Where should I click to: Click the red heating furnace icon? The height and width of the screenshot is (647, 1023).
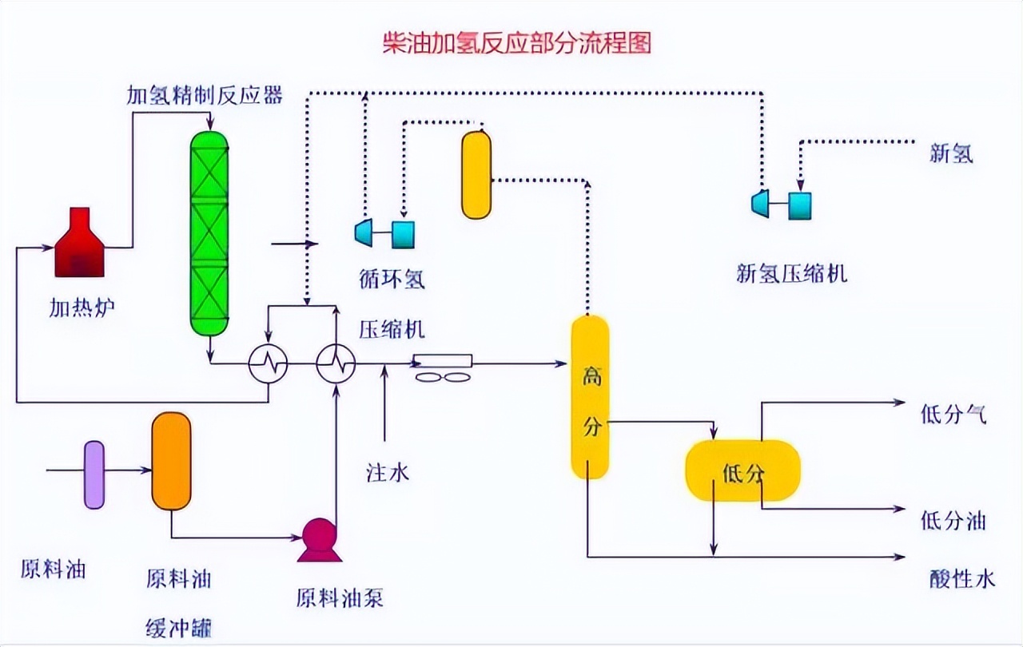79,245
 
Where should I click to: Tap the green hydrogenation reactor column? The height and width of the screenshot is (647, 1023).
209,232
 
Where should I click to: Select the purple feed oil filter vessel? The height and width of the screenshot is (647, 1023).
94,474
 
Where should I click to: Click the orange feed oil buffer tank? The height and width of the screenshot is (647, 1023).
172,462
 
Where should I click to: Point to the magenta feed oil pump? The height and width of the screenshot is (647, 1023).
320,539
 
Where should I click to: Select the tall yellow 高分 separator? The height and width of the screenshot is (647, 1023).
590,397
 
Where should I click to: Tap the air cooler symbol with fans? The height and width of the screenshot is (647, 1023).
442,368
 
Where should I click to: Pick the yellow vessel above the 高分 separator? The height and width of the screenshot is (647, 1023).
476,175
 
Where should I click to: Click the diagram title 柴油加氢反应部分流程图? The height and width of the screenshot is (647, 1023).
517,42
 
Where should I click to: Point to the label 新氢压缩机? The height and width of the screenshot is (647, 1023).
791,274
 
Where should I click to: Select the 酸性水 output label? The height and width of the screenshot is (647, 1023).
962,578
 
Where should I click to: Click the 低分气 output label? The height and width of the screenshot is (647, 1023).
953,415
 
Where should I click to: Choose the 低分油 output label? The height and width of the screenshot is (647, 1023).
953,522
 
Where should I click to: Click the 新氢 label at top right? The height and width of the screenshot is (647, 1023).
951,153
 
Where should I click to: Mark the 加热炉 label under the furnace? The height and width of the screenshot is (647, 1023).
82,306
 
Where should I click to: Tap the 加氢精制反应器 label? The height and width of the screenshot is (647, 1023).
205,96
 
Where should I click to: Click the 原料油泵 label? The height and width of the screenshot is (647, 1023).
340,597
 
